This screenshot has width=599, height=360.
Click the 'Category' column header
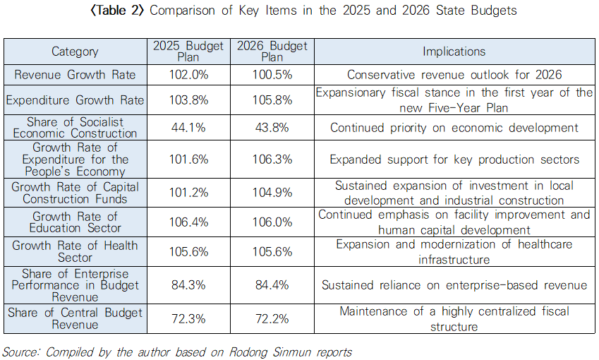(75, 52)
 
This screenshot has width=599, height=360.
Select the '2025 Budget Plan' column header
(190, 52)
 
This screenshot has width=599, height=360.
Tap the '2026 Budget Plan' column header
(272, 52)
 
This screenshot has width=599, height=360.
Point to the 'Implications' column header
(454, 52)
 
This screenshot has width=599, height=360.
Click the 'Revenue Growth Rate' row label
(75, 75)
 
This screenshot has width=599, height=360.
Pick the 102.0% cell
(190, 75)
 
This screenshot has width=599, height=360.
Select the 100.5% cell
(272, 75)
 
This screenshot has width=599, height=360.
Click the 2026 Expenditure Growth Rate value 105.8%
(272, 100)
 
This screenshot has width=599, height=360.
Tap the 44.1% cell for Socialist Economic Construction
(190, 128)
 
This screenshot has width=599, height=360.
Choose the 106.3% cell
(272, 160)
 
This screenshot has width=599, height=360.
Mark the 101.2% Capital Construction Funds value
(190, 193)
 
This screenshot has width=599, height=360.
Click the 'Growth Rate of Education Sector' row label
(75, 222)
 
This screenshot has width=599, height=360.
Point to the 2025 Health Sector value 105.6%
(190, 252)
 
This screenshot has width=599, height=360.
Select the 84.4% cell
(272, 285)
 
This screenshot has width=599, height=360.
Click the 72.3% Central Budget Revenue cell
(190, 318)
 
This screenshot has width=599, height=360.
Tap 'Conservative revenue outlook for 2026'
(454, 75)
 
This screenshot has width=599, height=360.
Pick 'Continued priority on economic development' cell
(454, 128)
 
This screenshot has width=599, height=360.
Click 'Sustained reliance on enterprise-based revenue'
(454, 285)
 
